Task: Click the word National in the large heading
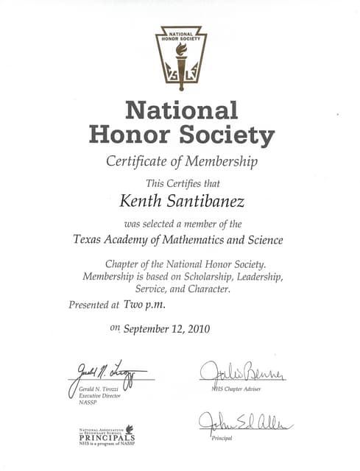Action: pos(181,110)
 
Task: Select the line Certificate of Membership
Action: pos(181,161)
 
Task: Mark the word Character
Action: pos(210,290)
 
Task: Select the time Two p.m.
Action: pos(144,304)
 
